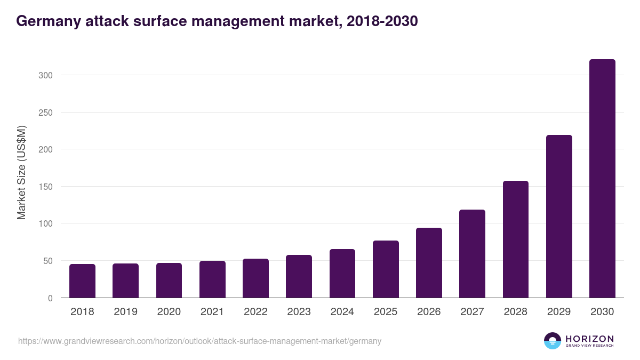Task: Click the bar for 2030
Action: click(x=602, y=179)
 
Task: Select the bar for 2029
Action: click(x=559, y=217)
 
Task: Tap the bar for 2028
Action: click(x=515, y=239)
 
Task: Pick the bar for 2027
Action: click(x=472, y=254)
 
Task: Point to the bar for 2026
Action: click(x=429, y=263)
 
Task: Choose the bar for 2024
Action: click(x=342, y=274)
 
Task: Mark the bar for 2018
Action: click(x=82, y=281)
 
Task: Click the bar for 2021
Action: click(x=212, y=279)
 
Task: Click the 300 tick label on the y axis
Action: click(x=46, y=75)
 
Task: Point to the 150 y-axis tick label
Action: click(x=46, y=187)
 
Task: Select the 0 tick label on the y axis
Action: click(x=50, y=298)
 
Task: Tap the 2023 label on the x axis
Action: click(x=299, y=312)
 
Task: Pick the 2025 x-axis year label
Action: click(x=386, y=312)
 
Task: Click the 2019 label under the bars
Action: click(x=125, y=312)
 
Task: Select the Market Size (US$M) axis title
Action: click(x=21, y=172)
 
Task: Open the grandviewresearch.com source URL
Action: click(x=199, y=341)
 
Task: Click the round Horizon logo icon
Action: click(x=552, y=341)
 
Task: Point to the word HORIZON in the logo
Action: click(x=589, y=338)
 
